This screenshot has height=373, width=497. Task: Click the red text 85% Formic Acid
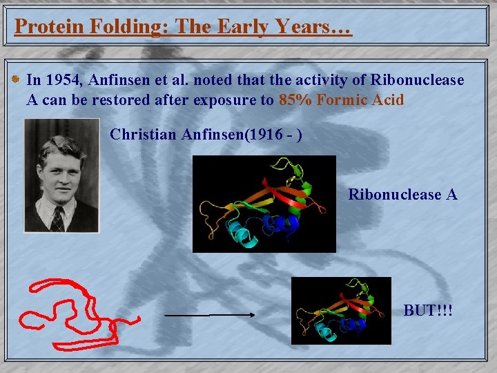click(341, 100)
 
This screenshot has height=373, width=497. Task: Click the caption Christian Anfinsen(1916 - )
click(205, 134)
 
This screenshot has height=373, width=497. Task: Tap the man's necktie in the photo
click(58, 219)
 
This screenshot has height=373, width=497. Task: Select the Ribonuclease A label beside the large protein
click(402, 195)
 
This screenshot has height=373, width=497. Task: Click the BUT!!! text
click(428, 311)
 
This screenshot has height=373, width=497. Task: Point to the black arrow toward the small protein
click(210, 315)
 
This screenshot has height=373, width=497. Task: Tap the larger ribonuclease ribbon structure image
click(264, 203)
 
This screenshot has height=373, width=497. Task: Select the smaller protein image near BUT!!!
click(340, 310)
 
